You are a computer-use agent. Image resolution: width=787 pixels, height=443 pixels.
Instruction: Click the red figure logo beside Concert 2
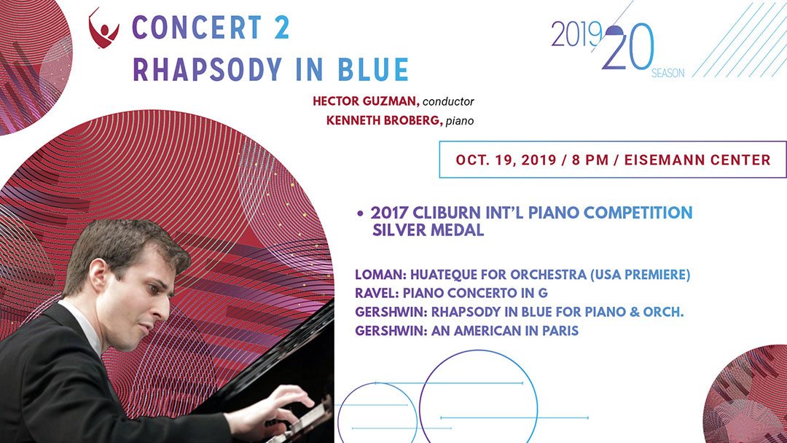pyautogui.click(x=103, y=28)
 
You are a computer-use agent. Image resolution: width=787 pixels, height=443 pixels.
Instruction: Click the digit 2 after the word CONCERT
pyautogui.click(x=281, y=27)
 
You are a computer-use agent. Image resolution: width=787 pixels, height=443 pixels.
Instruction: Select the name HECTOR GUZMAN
pyautogui.click(x=366, y=101)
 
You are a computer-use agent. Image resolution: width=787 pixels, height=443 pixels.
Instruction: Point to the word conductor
pyautogui.click(x=448, y=102)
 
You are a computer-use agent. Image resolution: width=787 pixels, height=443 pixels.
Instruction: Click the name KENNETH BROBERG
pyautogui.click(x=385, y=121)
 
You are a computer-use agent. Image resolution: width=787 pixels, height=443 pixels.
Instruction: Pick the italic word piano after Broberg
pyautogui.click(x=460, y=122)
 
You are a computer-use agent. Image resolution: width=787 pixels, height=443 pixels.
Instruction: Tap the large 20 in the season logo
pyautogui.click(x=628, y=47)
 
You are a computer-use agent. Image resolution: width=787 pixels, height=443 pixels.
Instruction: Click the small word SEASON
pyautogui.click(x=667, y=74)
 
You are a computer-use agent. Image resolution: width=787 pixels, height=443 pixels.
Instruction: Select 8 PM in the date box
pyautogui.click(x=590, y=160)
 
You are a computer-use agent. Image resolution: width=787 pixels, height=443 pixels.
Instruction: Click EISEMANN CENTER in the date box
pyautogui.click(x=697, y=160)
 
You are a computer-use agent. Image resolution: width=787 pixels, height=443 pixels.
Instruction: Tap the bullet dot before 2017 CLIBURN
pyautogui.click(x=360, y=213)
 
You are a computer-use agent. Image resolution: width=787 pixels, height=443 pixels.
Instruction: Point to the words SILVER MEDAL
pyautogui.click(x=428, y=230)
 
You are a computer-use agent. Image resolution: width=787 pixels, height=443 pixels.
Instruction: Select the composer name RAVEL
pyautogui.click(x=377, y=293)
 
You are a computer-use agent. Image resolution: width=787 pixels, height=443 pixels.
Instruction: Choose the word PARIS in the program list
pyautogui.click(x=560, y=331)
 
